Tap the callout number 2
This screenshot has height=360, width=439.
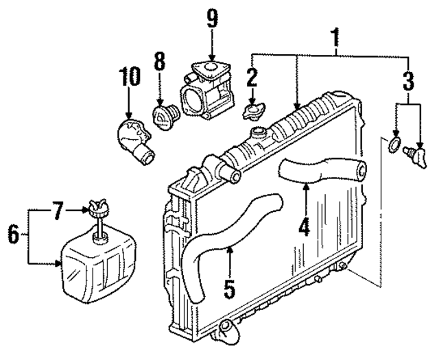[x=253, y=76]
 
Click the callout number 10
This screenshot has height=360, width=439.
[x=128, y=77]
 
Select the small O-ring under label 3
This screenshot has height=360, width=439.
[x=393, y=145]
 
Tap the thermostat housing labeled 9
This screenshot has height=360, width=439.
[x=209, y=88]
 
